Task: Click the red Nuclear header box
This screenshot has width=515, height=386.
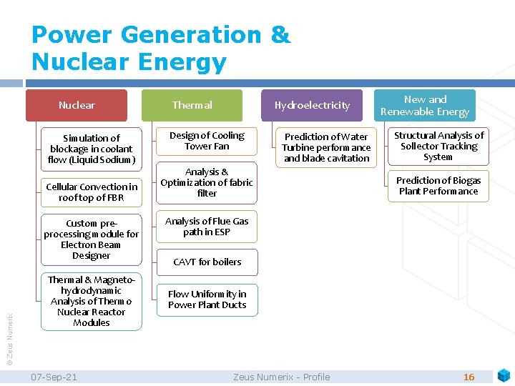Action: [77, 105]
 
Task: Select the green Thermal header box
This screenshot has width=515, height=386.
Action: [192, 105]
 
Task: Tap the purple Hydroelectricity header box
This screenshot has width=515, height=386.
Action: [312, 105]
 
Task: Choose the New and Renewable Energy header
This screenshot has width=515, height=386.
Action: [425, 105]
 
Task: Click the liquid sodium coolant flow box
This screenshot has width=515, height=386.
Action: [92, 149]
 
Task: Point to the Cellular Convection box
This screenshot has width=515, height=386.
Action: [92, 192]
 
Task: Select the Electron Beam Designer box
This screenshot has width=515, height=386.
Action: [92, 239]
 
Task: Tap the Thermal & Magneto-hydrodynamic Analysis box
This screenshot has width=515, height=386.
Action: [92, 301]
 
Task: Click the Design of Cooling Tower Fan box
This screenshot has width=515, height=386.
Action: [207, 141]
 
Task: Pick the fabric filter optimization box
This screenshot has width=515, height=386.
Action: [207, 182]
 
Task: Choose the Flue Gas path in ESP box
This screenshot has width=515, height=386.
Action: [207, 227]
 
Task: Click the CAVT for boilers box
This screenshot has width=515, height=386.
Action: [207, 262]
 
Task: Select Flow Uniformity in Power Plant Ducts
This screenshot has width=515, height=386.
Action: [207, 299]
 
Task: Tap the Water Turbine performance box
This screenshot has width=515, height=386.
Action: [326, 147]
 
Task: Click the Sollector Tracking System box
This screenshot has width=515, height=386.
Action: [438, 146]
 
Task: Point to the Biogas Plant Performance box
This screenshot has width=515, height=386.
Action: [438, 186]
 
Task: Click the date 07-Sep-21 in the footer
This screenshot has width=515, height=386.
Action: [55, 377]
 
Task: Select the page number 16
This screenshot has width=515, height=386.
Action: [469, 377]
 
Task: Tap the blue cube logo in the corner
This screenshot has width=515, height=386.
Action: [504, 375]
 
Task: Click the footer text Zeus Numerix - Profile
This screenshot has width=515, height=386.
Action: [282, 377]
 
